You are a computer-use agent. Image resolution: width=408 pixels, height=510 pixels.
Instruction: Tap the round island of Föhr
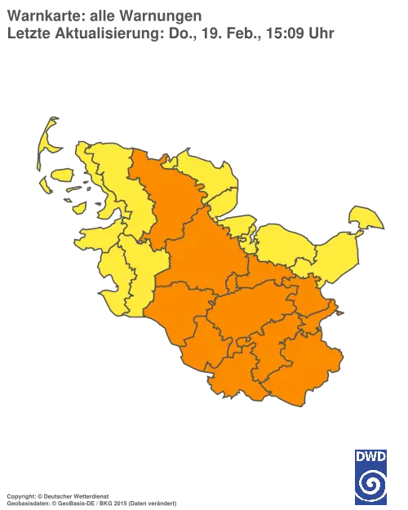[x=62, y=175]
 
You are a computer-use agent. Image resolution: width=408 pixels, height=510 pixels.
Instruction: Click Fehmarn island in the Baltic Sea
[x=366, y=218]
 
